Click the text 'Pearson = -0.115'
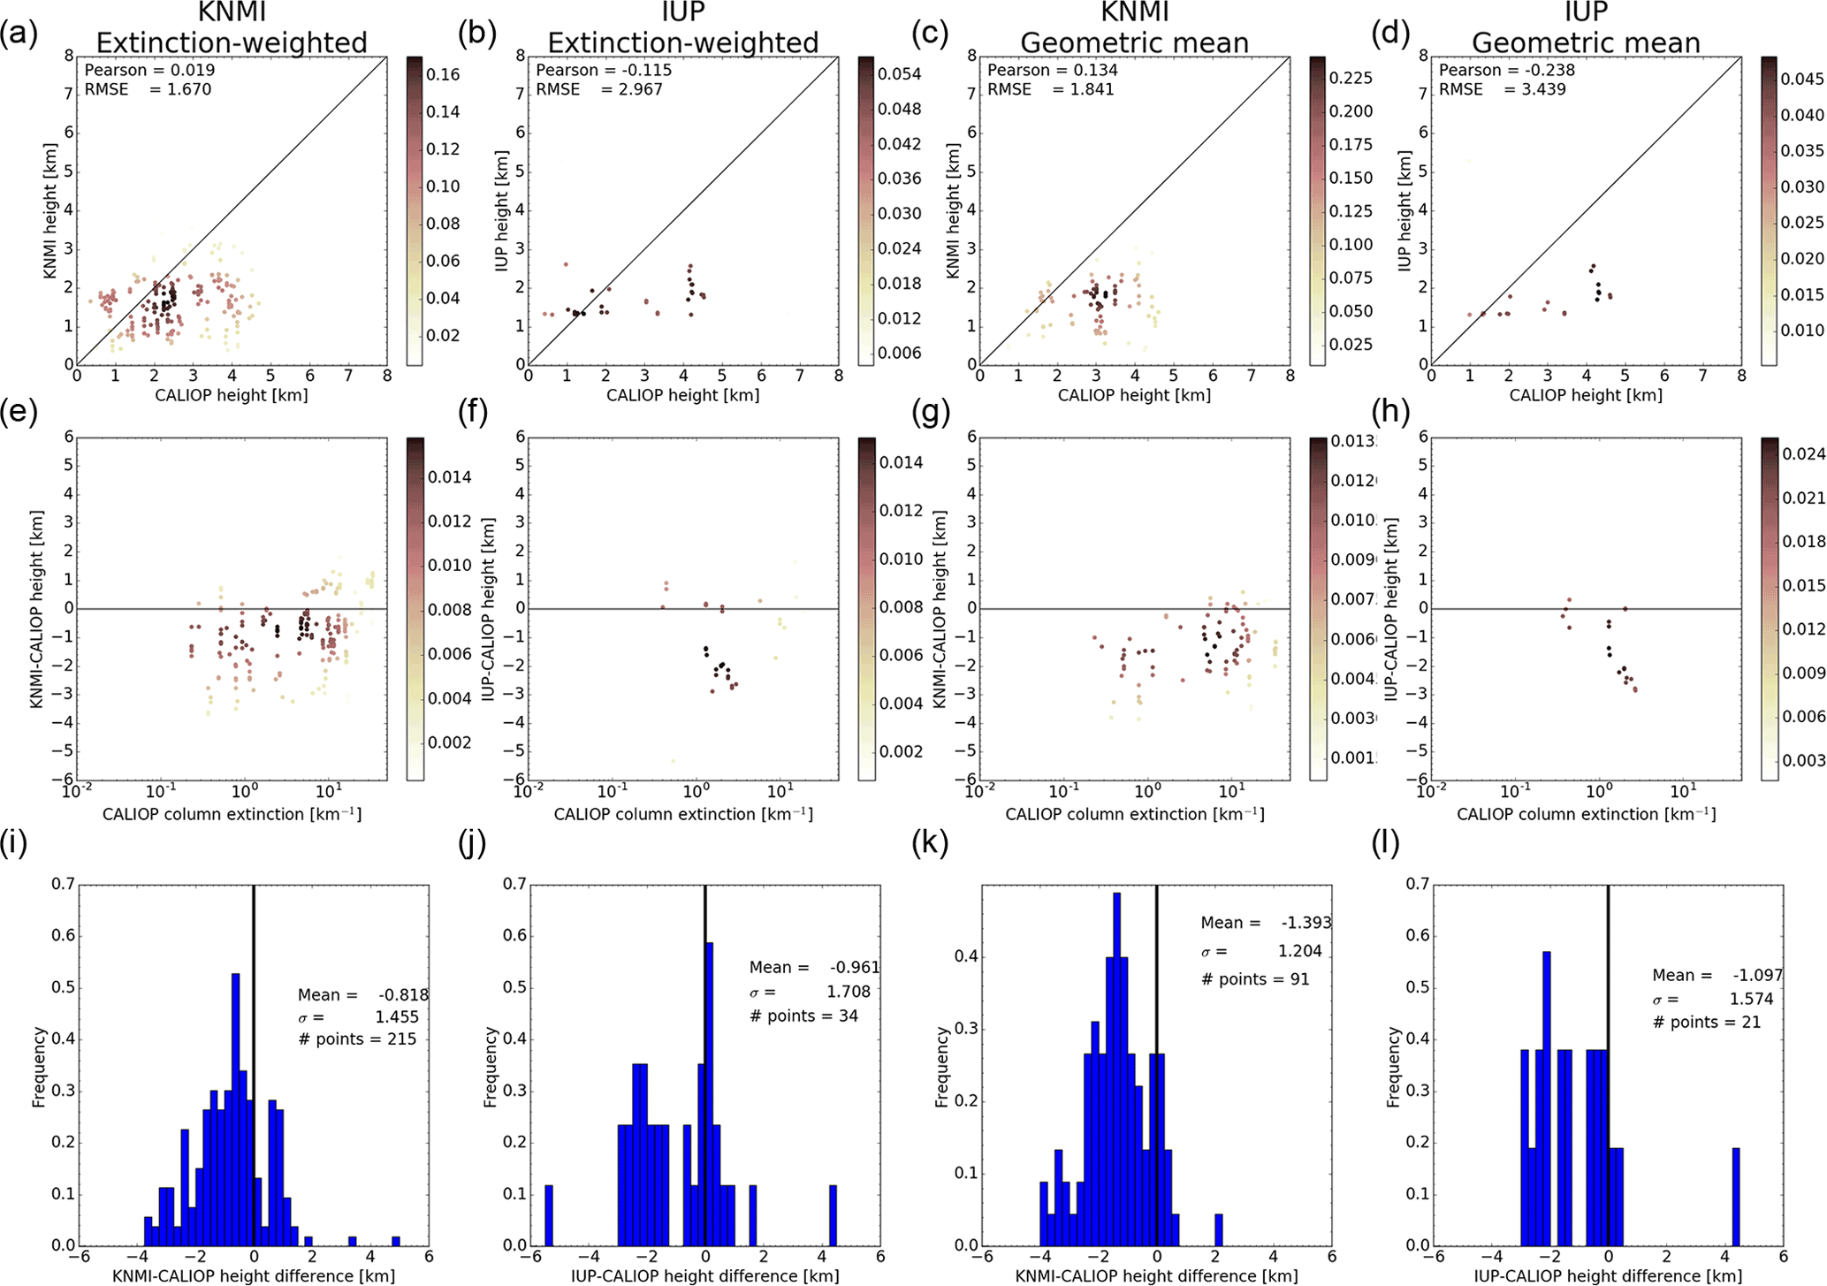pyautogui.click(x=603, y=70)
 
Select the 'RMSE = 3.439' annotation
pyautogui.click(x=1502, y=89)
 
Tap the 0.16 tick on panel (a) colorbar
pyautogui.click(x=443, y=75)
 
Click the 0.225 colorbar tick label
pyautogui.click(x=1351, y=79)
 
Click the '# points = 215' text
pyautogui.click(x=357, y=1039)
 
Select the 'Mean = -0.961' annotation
pyautogui.click(x=814, y=968)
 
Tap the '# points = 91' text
pyautogui.click(x=1254, y=979)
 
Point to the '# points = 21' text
pyautogui.click(x=1707, y=1023)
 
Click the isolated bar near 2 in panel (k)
pyautogui.click(x=1219, y=1229)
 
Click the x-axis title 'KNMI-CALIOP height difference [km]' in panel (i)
pyautogui.click(x=254, y=1275)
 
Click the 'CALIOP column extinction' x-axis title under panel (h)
pyautogui.click(x=1586, y=814)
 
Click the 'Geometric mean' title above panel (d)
pyautogui.click(x=1586, y=42)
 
